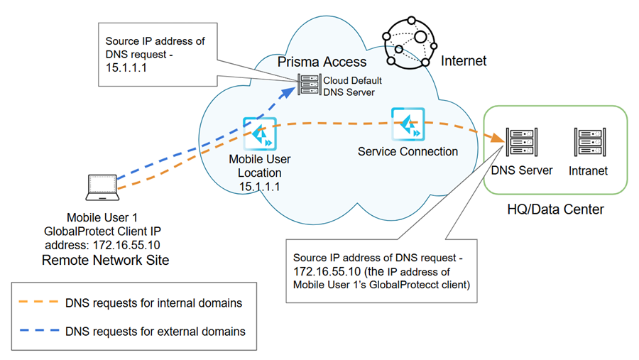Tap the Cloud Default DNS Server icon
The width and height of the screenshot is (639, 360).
tap(310, 86)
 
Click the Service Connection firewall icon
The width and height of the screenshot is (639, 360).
tap(408, 124)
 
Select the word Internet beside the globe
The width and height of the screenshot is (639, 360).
tap(464, 61)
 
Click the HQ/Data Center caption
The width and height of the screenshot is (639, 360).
tap(555, 209)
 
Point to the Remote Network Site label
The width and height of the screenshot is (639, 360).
tap(106, 260)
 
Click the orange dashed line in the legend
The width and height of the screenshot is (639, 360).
tap(37, 303)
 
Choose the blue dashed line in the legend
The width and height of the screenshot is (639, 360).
tap(37, 332)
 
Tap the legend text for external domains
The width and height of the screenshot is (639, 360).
tap(155, 332)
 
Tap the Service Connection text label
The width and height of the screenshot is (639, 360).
tap(408, 151)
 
